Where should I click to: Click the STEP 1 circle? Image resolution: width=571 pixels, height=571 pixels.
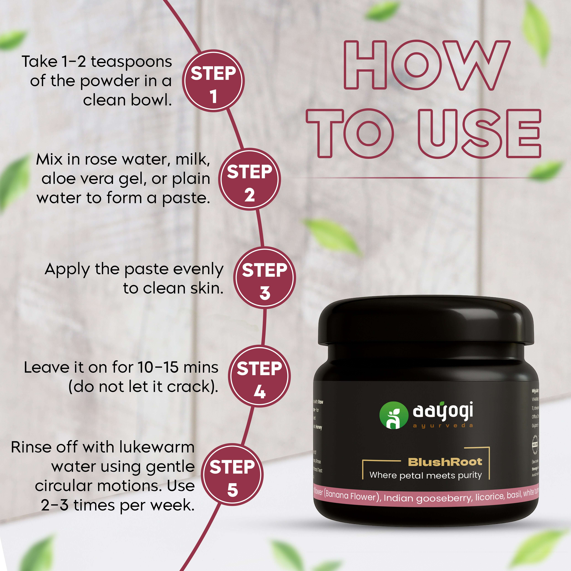pos(213,81)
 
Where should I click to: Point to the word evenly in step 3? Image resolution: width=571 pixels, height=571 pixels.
pos(198,270)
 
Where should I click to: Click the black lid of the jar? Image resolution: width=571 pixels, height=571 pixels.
pos(426,322)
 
